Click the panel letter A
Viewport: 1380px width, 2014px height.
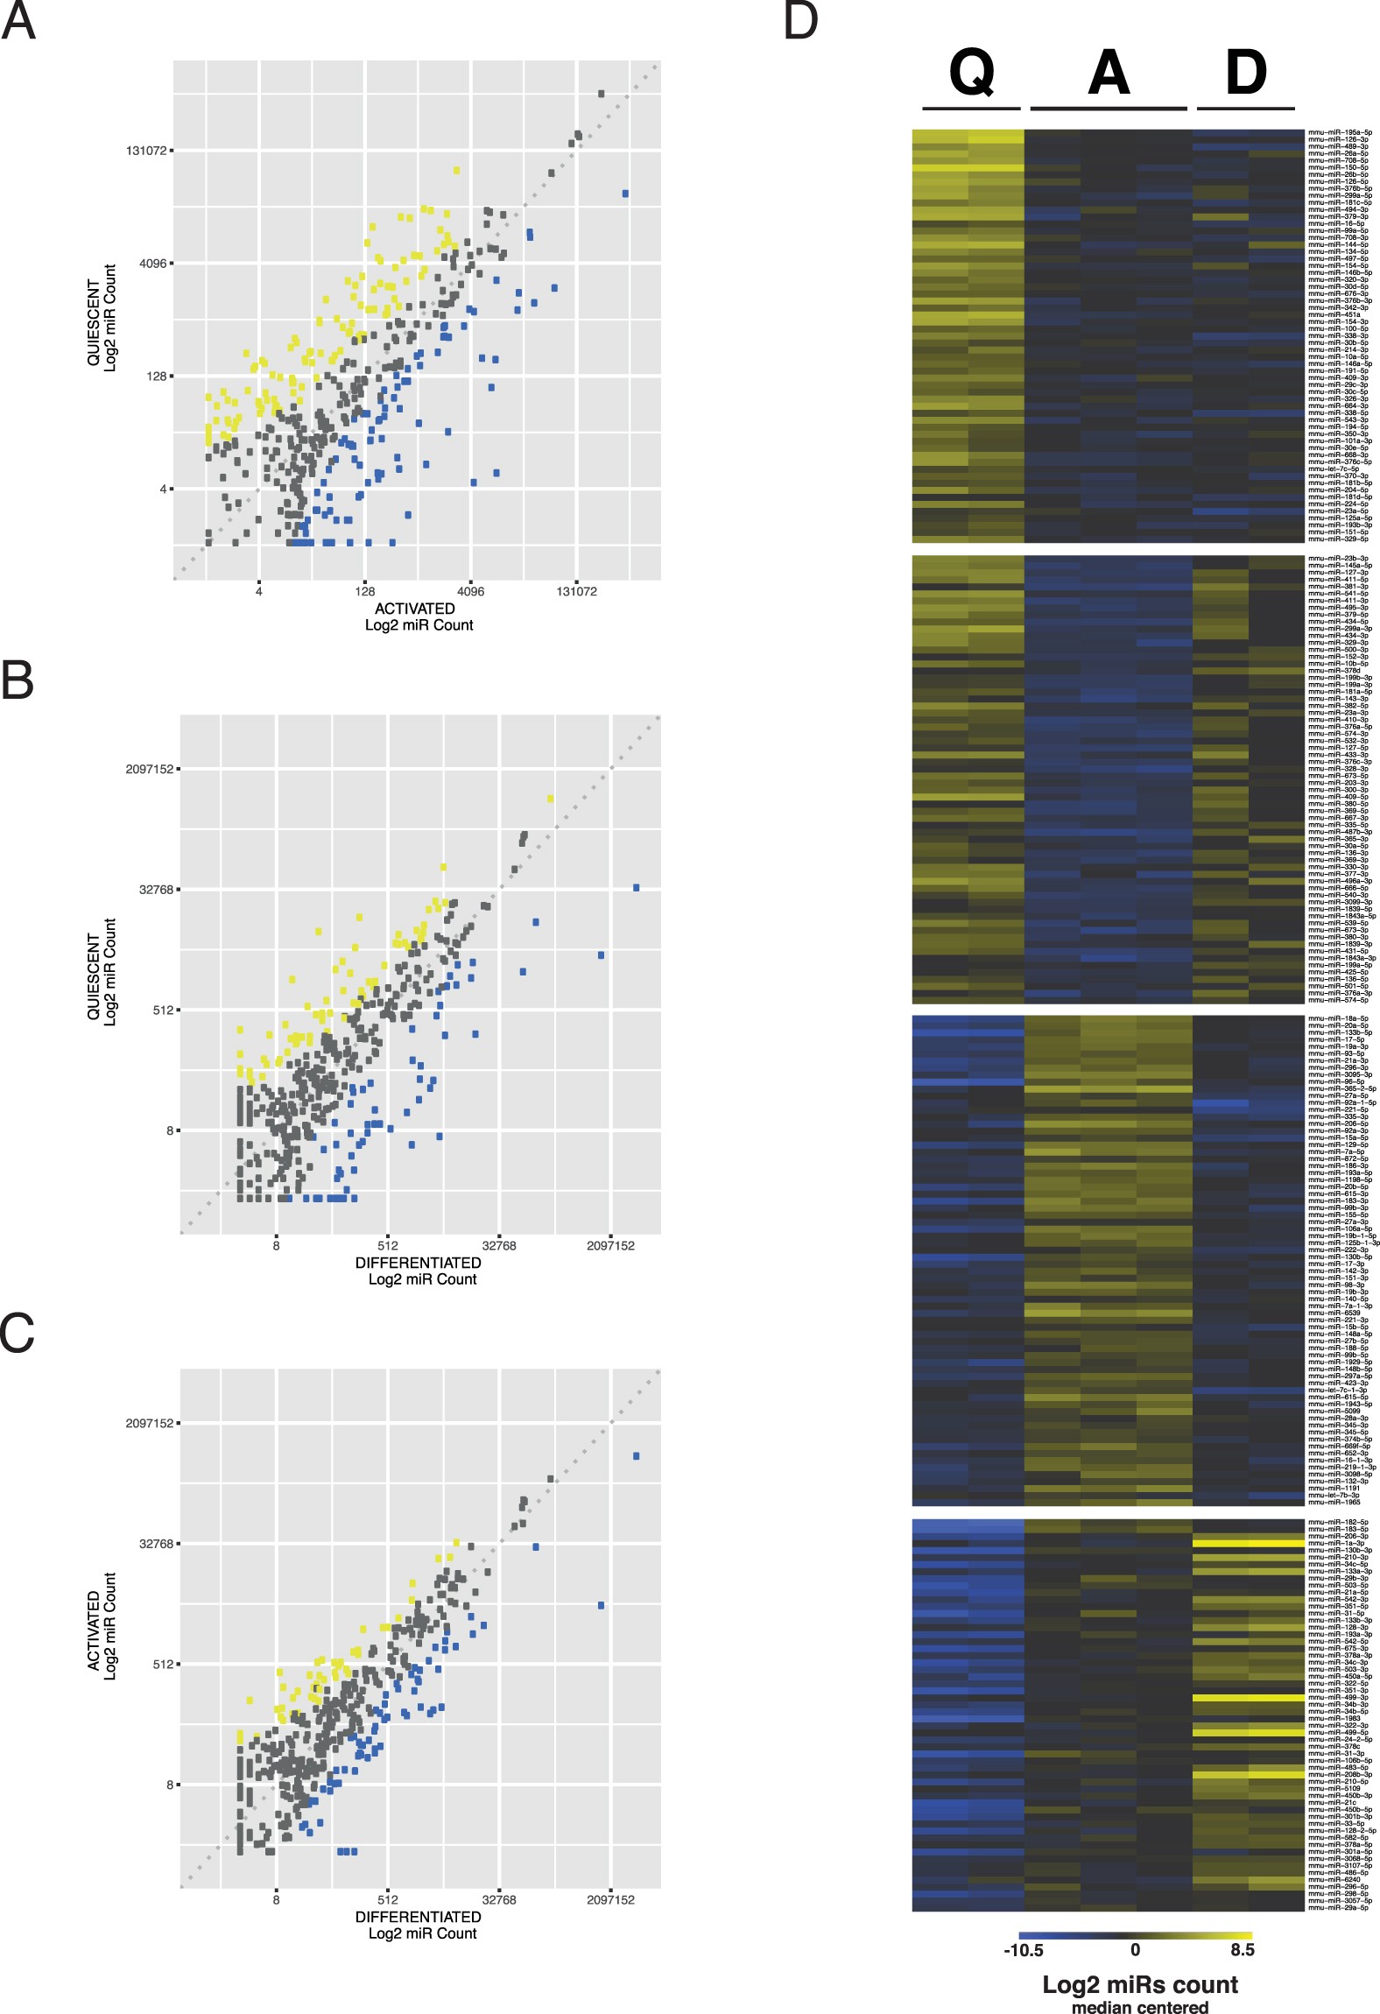point(18,21)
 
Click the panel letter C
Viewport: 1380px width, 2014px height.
point(18,1333)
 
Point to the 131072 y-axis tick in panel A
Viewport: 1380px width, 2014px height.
point(145,151)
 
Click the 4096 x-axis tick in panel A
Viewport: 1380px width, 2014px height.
point(471,591)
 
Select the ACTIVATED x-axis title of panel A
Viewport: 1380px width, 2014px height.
point(415,609)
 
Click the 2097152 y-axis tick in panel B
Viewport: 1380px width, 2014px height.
point(149,769)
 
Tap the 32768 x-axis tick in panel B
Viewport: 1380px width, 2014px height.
point(499,1245)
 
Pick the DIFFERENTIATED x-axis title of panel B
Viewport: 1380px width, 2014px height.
point(419,1263)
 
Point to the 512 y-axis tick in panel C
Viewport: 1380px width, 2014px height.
point(163,1664)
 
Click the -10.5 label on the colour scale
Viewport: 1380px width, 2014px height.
point(1023,1950)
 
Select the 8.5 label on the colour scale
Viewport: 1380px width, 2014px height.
point(1242,1950)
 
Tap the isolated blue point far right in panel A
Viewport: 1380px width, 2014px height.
point(625,194)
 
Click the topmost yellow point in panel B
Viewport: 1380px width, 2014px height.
point(550,799)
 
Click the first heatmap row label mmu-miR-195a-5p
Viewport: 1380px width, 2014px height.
point(1340,133)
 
